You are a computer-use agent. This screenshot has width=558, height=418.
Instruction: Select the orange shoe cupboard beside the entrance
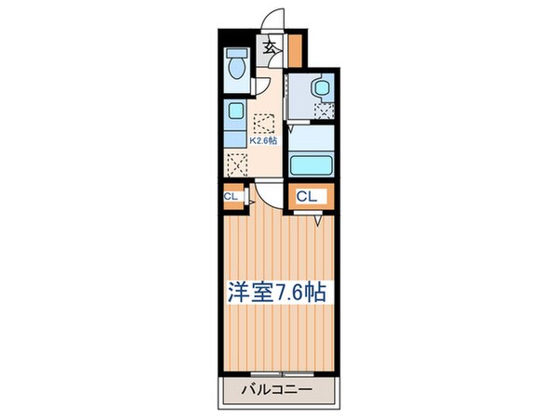coord(296,44)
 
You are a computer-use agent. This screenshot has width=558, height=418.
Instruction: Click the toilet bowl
coord(234,67)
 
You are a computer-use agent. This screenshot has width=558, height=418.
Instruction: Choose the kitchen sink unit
coord(233,121)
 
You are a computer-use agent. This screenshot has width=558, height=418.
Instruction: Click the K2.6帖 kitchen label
coord(262,143)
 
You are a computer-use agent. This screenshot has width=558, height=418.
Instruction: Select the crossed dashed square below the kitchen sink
coord(234,167)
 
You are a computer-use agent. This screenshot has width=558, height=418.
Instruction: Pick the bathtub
coord(312,165)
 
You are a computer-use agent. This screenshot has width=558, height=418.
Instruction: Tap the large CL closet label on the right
coord(309,196)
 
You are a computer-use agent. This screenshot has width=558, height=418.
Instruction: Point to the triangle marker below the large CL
coord(318,219)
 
